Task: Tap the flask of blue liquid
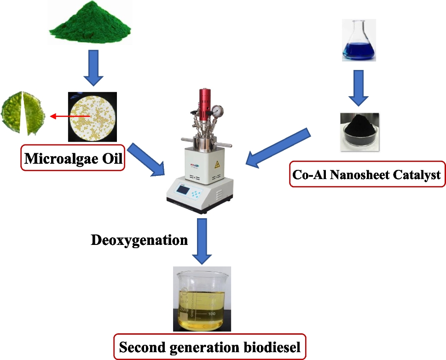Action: click(359, 41)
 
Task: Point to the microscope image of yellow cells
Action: click(92, 116)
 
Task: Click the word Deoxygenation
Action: click(139, 240)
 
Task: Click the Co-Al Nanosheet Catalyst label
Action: click(367, 174)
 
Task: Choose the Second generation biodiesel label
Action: click(210, 347)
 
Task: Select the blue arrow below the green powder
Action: click(93, 68)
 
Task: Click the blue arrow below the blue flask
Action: click(358, 87)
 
